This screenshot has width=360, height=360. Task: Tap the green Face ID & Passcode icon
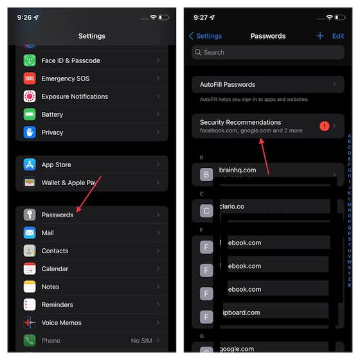(x=30, y=60)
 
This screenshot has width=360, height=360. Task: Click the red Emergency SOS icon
(x=30, y=78)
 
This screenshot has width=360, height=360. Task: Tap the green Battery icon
(x=30, y=114)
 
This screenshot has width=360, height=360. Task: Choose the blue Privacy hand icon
(x=30, y=132)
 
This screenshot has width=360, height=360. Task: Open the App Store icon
(x=30, y=165)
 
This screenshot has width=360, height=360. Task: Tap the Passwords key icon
(x=30, y=215)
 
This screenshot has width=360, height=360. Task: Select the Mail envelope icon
(x=30, y=233)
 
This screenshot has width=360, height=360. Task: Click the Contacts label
(x=55, y=251)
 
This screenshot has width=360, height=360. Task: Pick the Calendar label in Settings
(x=55, y=269)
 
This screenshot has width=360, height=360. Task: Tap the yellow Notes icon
(x=30, y=287)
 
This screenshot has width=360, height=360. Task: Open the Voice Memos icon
(x=30, y=323)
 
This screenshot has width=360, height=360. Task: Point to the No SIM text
(x=141, y=341)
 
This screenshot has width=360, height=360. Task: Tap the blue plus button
(x=320, y=36)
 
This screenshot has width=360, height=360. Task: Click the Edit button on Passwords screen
(x=338, y=36)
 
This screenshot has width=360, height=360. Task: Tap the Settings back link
(x=206, y=36)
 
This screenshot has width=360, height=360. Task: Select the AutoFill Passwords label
(x=228, y=84)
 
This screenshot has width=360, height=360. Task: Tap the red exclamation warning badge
(x=325, y=126)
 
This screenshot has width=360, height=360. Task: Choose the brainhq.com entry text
(x=238, y=170)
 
